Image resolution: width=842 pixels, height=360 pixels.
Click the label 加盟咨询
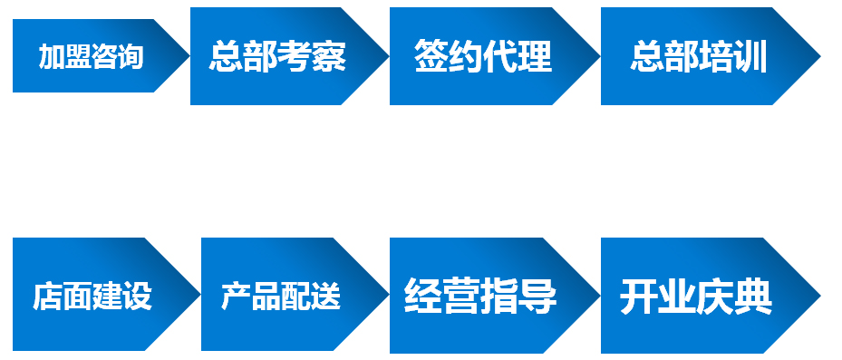(x=91, y=57)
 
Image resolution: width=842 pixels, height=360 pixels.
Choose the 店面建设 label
(x=92, y=296)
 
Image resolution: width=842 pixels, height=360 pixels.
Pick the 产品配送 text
(x=281, y=296)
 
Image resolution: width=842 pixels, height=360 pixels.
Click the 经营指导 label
(x=479, y=296)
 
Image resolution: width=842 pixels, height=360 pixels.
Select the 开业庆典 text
(x=696, y=296)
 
